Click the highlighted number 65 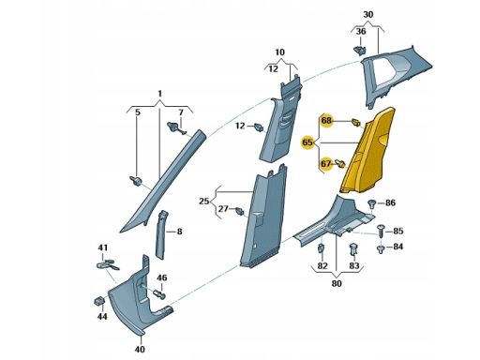[x=307, y=142]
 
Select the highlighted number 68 [x=326, y=120]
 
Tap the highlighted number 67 [x=326, y=163]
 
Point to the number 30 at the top [x=368, y=15]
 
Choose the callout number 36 [x=361, y=31]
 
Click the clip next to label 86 [x=372, y=203]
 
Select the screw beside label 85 [x=381, y=231]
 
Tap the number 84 [x=397, y=247]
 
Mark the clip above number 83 [x=353, y=248]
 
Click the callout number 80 [x=337, y=284]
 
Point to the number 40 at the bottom [x=140, y=349]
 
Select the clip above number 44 [x=99, y=301]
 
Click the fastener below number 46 [x=159, y=294]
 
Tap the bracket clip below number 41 [x=107, y=265]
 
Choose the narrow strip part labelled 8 [x=160, y=234]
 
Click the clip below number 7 [x=176, y=127]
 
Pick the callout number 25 [x=203, y=202]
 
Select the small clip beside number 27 [x=240, y=211]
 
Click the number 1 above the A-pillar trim [x=159, y=94]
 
